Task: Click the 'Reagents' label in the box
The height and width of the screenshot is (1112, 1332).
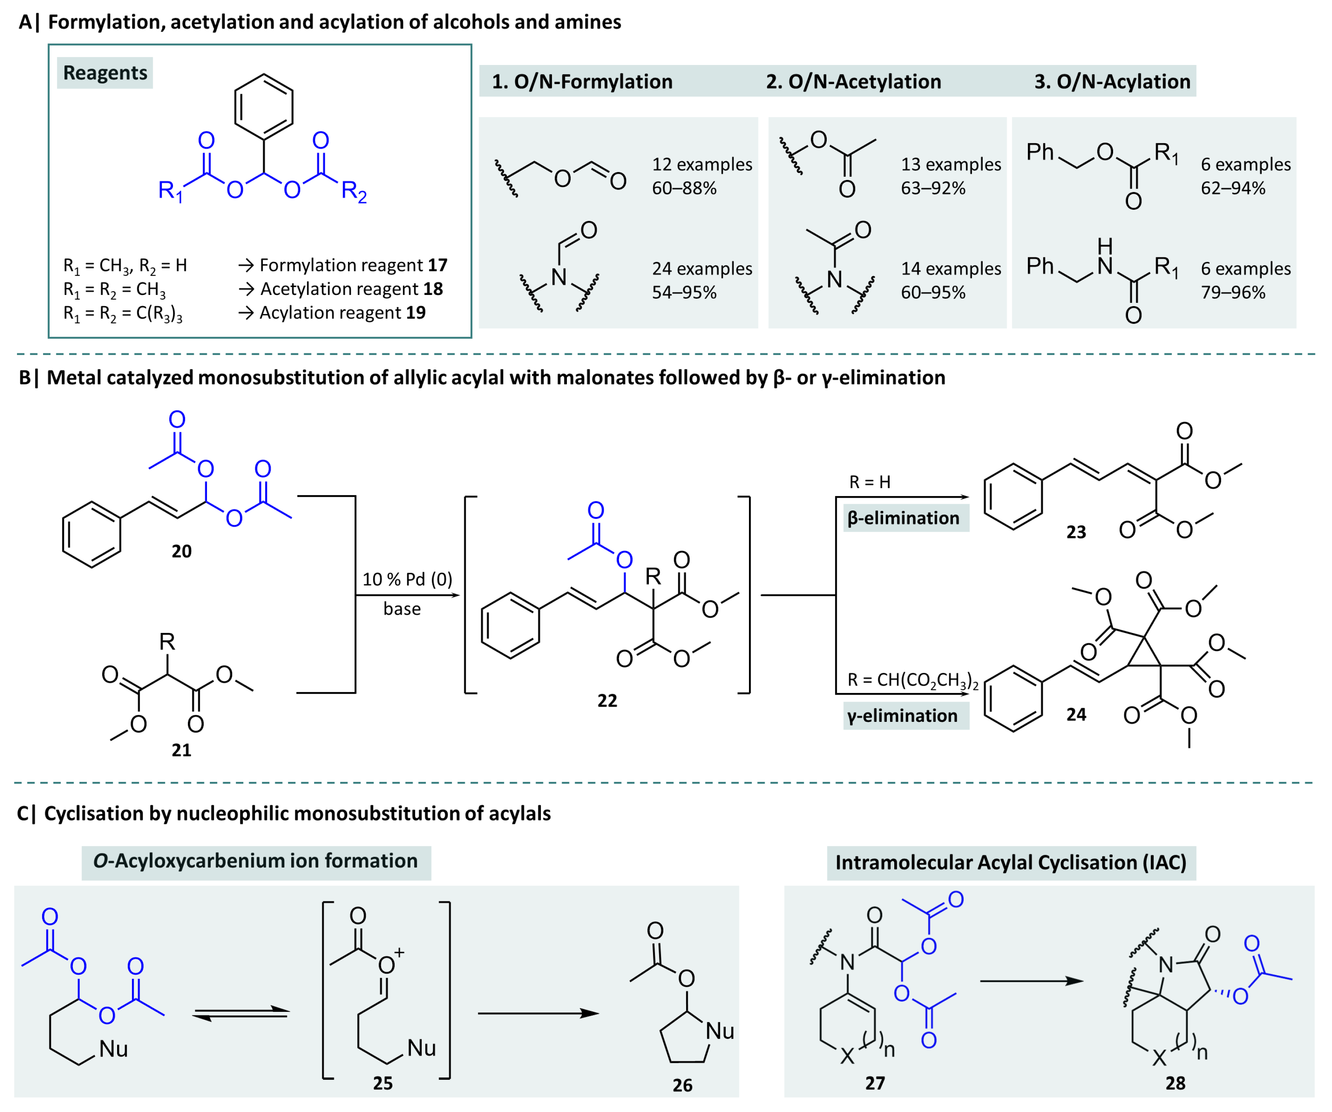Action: [x=105, y=73]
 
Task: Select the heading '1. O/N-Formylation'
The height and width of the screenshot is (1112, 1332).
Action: [x=582, y=82]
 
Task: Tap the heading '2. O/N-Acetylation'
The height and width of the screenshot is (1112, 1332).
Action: [x=853, y=82]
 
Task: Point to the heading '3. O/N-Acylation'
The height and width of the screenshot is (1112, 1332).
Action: [x=1112, y=82]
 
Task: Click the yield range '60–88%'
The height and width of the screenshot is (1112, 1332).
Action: [x=684, y=188]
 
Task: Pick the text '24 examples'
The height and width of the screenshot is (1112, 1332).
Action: [x=701, y=269]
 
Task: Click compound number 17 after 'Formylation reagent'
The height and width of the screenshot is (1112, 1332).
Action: [x=437, y=265]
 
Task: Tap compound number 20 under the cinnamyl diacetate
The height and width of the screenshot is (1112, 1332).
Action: [x=181, y=551]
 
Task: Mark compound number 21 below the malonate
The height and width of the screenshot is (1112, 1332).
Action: [x=181, y=750]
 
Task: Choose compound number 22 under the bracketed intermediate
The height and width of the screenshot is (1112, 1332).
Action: [x=607, y=700]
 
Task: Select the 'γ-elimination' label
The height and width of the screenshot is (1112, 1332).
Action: [x=902, y=716]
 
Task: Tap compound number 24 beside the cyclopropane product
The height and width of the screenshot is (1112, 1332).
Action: [x=1076, y=714]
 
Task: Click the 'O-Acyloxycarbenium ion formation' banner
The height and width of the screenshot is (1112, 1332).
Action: [x=256, y=861]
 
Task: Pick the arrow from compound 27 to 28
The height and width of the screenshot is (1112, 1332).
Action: [x=1031, y=981]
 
